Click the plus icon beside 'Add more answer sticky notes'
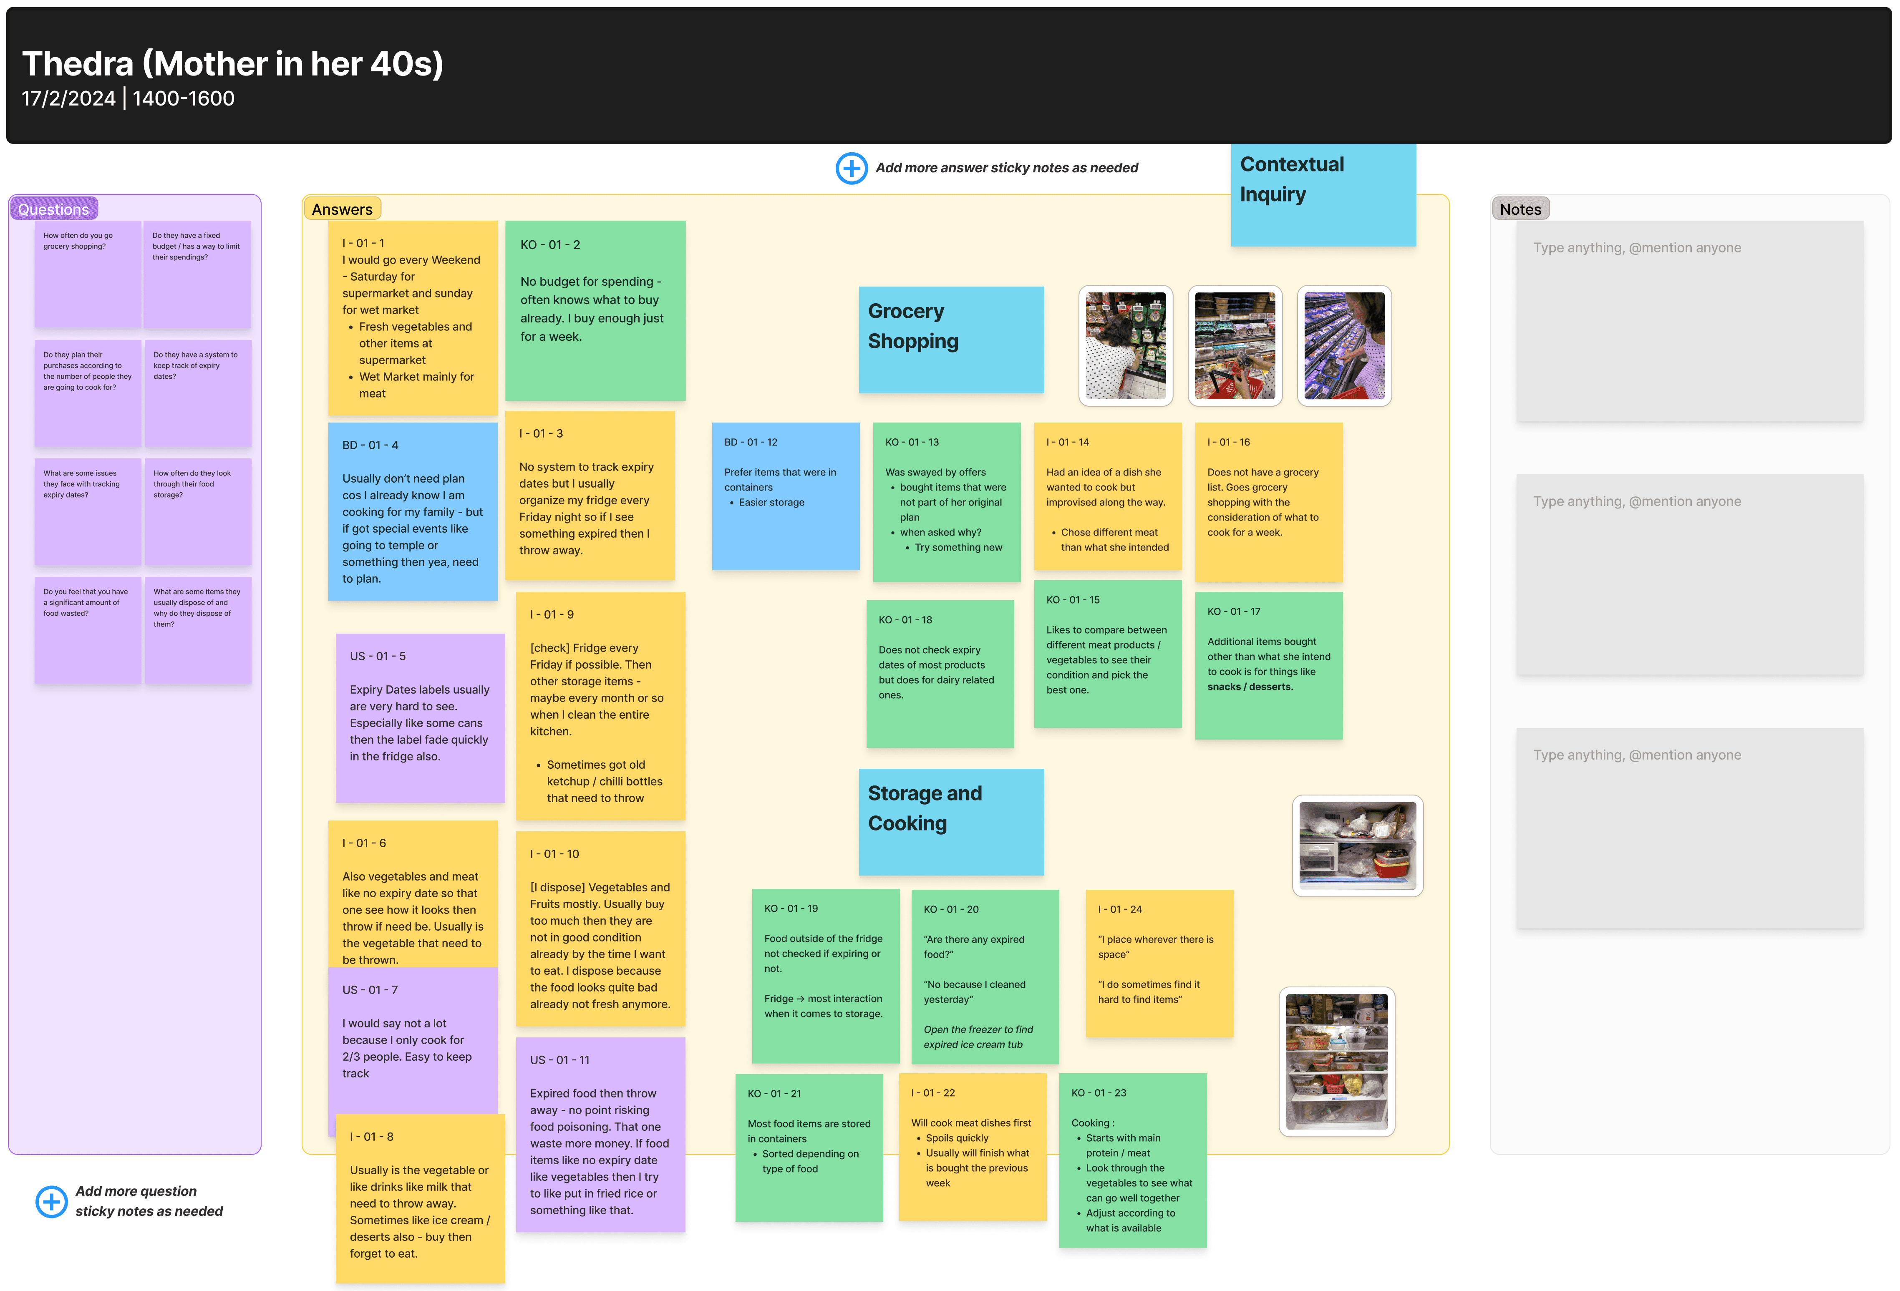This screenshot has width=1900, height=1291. pos(851,169)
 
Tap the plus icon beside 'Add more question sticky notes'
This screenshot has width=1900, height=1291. pos(51,1201)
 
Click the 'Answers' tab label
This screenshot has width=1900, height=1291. pos(342,209)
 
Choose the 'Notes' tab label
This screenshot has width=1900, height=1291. pos(1520,209)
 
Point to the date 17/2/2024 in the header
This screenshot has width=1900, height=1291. pos(69,99)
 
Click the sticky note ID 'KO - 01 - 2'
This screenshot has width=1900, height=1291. pos(550,244)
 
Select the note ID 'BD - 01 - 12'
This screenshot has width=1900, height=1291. pos(751,442)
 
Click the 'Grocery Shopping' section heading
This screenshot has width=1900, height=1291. pos(912,326)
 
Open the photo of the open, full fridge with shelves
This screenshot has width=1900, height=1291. pos(1337,1061)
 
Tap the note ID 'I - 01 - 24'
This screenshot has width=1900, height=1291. pos(1120,909)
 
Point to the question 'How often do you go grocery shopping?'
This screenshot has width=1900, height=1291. pos(78,241)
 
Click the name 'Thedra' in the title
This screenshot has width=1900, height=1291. pos(78,64)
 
